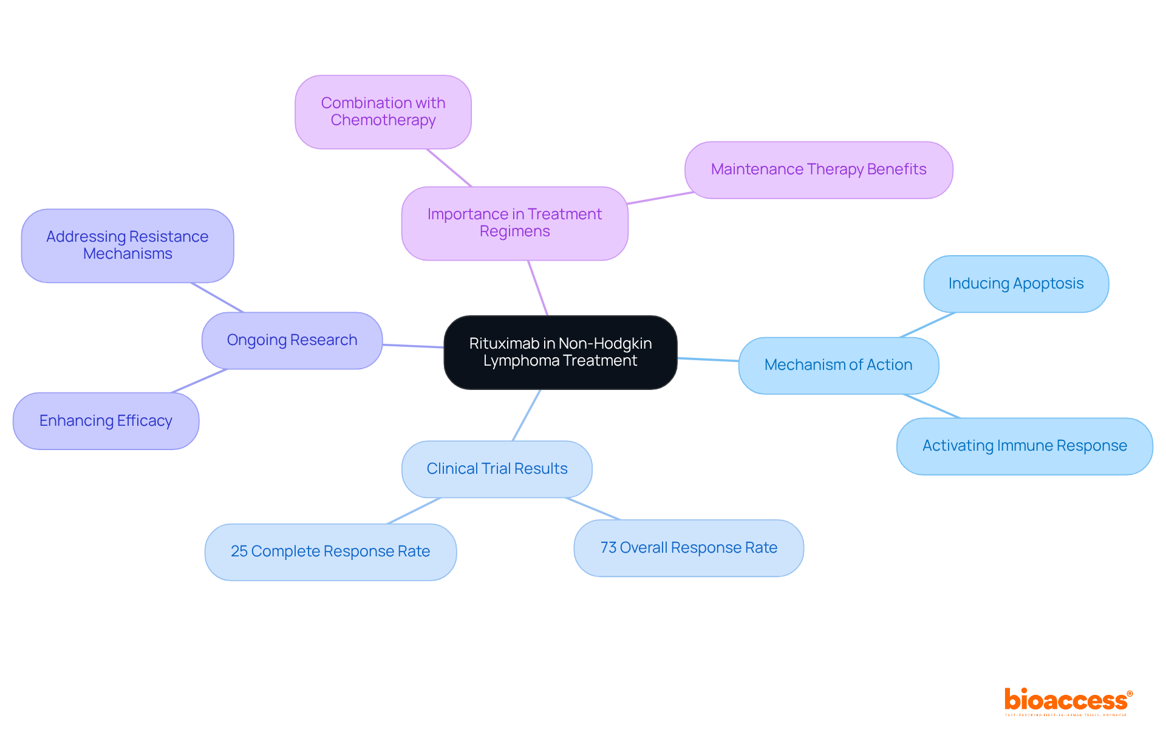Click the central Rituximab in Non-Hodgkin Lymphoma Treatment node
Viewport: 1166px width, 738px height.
[x=560, y=352]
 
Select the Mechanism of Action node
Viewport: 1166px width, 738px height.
[x=838, y=365]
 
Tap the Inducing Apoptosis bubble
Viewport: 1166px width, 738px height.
[x=1015, y=284]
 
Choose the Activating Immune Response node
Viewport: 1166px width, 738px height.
[x=1024, y=446]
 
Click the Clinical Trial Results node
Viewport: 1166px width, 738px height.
[x=497, y=469]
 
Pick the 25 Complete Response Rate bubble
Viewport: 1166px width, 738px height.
[x=330, y=552]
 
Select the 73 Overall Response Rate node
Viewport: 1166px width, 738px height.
[x=688, y=548]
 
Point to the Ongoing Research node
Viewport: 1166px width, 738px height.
[x=291, y=340]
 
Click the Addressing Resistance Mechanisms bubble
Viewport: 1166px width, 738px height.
[x=128, y=245]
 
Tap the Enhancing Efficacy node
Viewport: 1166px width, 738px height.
[x=106, y=421]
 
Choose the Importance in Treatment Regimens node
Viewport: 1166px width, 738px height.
[x=514, y=223]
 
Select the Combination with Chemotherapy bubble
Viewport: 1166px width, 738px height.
[x=383, y=112]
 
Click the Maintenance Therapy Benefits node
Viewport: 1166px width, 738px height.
[x=818, y=169]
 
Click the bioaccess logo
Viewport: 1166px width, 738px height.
[x=1068, y=701]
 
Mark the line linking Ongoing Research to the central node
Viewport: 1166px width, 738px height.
[x=413, y=346]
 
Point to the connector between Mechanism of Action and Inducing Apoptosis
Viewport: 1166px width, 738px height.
[x=927, y=324]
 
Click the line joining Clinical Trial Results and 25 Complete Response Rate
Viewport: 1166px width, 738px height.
[x=414, y=511]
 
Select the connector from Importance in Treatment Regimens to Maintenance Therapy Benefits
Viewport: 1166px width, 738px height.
[x=660, y=198]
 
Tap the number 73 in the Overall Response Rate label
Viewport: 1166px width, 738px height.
[x=608, y=548]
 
